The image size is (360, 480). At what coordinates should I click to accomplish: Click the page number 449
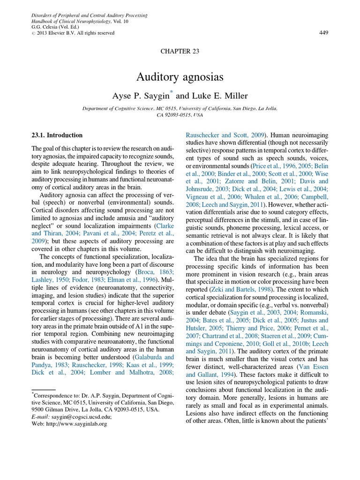click(323, 33)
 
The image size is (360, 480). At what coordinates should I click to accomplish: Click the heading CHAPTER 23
click(180, 52)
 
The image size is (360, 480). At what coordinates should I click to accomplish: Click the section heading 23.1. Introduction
click(57, 135)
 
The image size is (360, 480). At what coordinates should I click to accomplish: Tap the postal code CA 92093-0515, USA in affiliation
click(180, 114)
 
